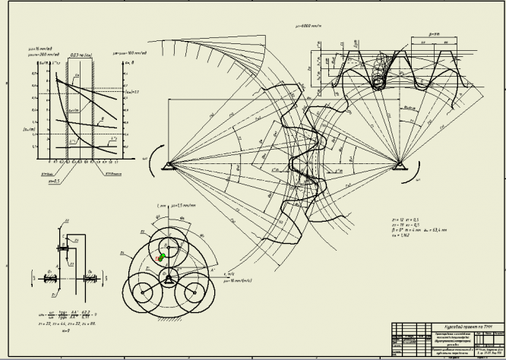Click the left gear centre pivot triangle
point(168,163)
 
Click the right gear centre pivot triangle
point(400,163)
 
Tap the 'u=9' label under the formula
point(62,330)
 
